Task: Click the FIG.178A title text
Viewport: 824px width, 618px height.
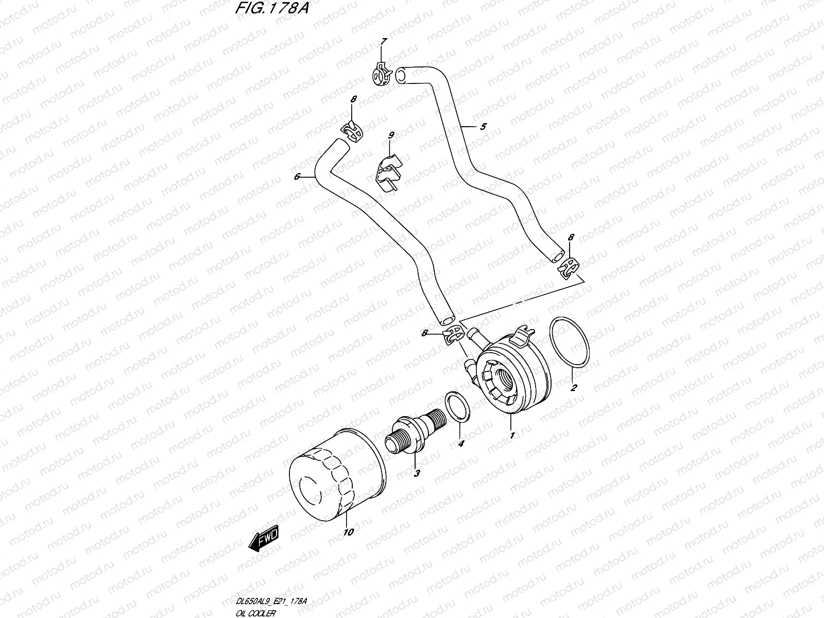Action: click(x=271, y=9)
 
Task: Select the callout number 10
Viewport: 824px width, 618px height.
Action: click(x=348, y=532)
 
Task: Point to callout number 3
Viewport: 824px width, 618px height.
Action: click(x=417, y=473)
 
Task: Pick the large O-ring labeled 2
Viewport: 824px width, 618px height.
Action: click(x=571, y=342)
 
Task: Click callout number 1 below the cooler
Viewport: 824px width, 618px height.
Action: click(x=511, y=436)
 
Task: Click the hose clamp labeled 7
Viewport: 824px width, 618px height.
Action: click(x=382, y=74)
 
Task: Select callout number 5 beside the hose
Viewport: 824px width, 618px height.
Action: click(x=483, y=127)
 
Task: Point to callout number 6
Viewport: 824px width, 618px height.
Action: click(x=297, y=177)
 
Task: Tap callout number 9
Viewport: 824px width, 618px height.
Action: click(x=391, y=135)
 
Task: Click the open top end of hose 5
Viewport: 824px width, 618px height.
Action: click(x=401, y=75)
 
